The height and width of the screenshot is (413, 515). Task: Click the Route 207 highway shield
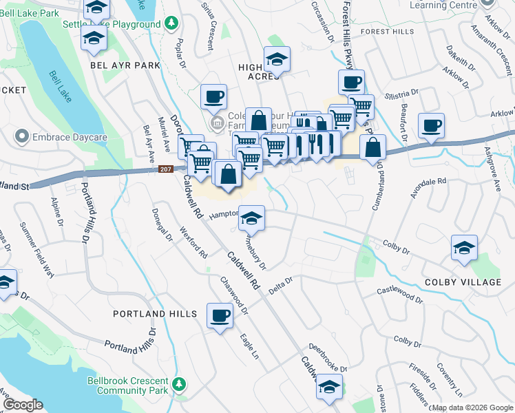point(165,169)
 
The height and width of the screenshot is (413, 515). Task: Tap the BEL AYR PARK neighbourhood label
point(125,65)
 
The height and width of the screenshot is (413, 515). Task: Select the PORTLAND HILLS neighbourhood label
point(156,314)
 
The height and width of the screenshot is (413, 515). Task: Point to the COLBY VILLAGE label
point(472,283)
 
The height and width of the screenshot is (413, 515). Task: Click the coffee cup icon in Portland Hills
point(220,317)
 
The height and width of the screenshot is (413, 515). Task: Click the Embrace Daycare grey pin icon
point(23,136)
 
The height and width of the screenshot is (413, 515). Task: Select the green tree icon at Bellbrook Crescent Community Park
point(180,383)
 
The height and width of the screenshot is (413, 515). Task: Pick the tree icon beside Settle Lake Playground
point(171,24)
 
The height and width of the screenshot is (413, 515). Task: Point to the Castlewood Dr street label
point(400,295)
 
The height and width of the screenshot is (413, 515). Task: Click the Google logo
point(24,405)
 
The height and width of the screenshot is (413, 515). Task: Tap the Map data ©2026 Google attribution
point(473,407)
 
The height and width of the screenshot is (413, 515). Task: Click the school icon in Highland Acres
point(277,60)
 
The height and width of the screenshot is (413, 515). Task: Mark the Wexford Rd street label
point(193,242)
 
